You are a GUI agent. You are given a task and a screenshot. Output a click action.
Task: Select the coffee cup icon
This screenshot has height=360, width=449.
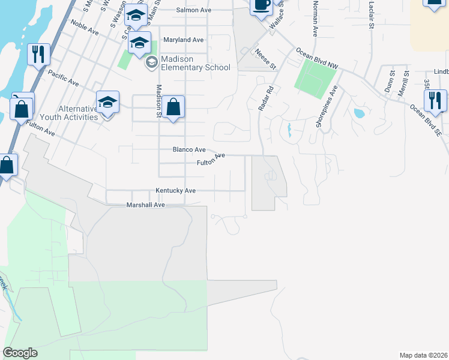261,5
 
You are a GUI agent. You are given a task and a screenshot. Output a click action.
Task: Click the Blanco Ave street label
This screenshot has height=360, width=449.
189,149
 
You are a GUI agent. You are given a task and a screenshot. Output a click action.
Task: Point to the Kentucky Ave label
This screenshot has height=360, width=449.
176,190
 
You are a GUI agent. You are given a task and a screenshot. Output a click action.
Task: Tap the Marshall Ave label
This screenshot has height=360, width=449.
145,205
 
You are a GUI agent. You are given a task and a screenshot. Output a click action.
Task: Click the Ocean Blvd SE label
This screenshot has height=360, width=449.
426,121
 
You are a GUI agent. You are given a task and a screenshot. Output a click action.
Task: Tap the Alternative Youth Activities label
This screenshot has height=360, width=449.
77,113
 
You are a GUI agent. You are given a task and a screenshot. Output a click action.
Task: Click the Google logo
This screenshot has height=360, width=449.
20,353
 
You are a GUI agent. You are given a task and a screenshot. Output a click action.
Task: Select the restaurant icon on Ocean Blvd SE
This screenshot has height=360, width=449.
436,100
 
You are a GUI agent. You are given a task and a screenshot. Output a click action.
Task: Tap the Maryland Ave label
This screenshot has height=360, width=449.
184,40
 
